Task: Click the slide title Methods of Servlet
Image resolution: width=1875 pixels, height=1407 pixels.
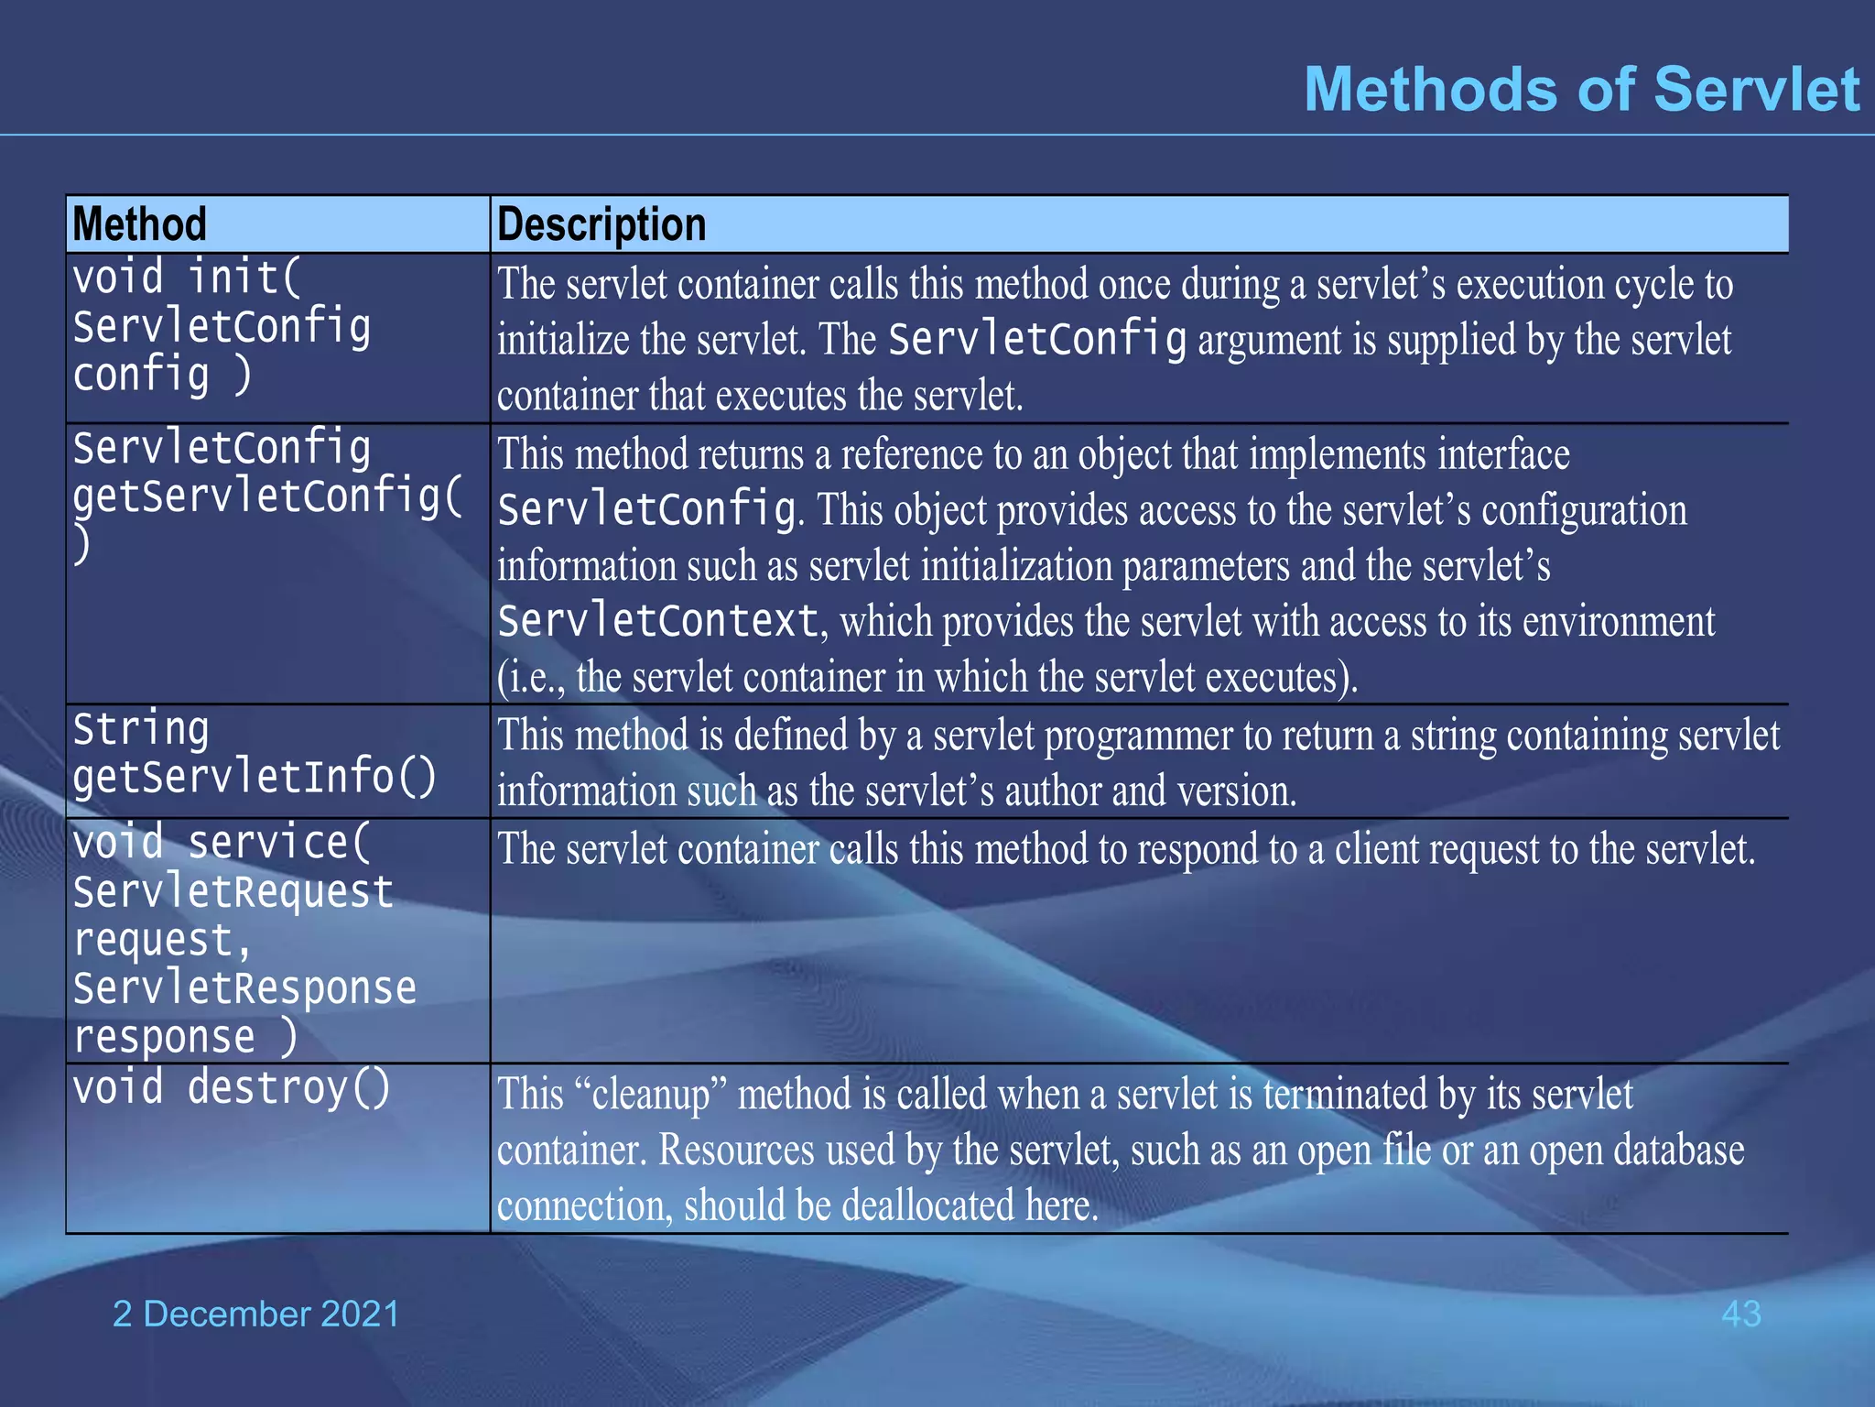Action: (1581, 90)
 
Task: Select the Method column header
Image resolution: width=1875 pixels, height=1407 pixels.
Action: (139, 224)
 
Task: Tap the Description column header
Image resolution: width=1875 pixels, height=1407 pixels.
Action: (602, 224)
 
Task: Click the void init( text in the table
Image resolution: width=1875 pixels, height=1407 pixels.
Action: (187, 277)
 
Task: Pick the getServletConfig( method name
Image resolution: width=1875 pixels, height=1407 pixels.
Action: (267, 496)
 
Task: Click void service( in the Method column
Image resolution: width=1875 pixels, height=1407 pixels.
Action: (222, 843)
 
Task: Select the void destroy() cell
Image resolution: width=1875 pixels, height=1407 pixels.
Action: (231, 1088)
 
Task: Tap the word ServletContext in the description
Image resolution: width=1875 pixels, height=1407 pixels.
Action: (657, 622)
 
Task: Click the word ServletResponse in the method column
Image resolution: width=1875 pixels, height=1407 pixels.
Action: (244, 988)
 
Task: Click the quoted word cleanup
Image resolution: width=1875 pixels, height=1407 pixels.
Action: (651, 1095)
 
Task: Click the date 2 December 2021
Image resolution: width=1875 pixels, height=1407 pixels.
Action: (255, 1314)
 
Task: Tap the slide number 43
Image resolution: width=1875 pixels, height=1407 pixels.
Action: (1740, 1314)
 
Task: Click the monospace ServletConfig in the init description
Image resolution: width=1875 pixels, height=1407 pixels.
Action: (1036, 340)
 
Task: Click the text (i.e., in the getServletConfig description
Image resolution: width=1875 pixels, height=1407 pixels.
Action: (531, 679)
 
